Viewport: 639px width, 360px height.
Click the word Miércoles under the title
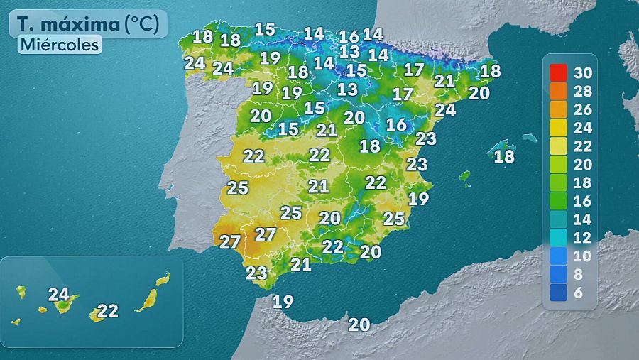[x=60, y=44]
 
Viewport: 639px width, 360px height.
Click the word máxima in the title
[x=86, y=24]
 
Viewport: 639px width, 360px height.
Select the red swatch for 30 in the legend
[x=558, y=72]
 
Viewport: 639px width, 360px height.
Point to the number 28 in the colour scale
[x=583, y=92]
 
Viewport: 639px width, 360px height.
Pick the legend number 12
[x=583, y=239]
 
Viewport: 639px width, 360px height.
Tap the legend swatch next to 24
[x=558, y=128]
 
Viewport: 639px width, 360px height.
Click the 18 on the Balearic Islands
[x=504, y=157]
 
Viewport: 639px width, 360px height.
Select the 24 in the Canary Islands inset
[x=59, y=293]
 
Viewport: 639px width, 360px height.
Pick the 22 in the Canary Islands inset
[x=108, y=310]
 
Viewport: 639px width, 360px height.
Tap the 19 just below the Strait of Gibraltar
[x=283, y=302]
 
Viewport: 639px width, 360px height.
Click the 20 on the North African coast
[x=359, y=324]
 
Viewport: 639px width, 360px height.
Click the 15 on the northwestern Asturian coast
[x=265, y=29]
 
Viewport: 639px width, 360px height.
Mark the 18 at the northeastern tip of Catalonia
[x=491, y=71]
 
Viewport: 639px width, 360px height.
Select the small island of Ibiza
[x=465, y=175]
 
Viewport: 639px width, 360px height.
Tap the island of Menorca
[x=529, y=137]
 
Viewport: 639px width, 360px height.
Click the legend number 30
[x=583, y=72]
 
